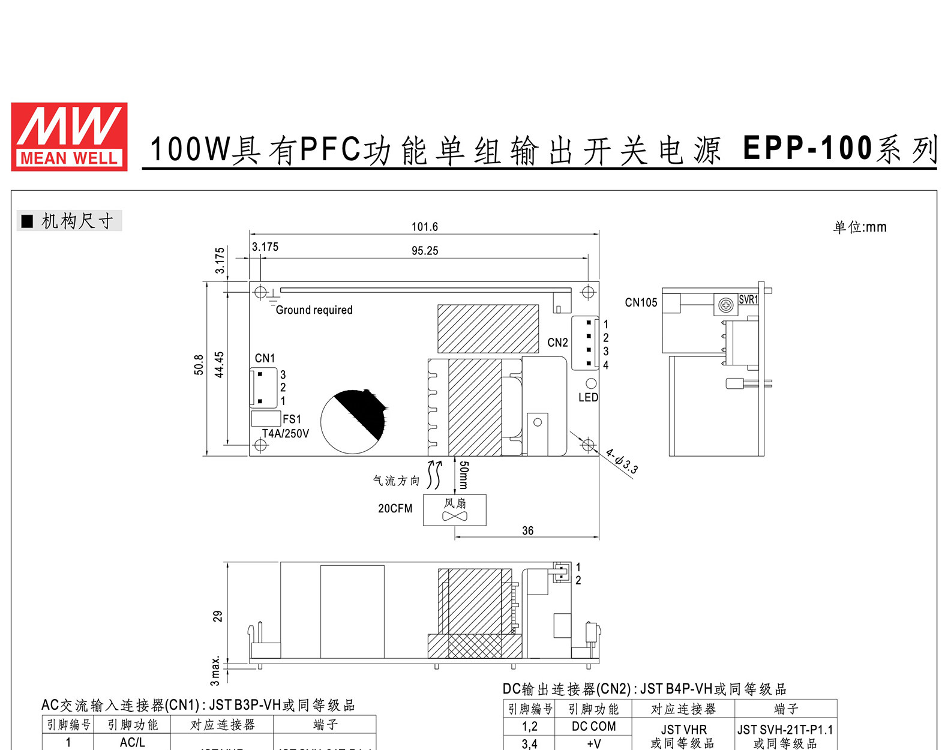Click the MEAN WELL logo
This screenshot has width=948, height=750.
click(x=69, y=137)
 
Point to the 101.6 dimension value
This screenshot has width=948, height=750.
click(x=424, y=227)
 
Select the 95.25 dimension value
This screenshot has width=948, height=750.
click(x=424, y=251)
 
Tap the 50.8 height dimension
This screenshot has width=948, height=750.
click(x=199, y=364)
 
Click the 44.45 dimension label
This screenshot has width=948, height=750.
click(x=220, y=364)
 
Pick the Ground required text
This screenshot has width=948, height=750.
click(x=314, y=310)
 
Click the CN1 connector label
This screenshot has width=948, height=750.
click(x=265, y=358)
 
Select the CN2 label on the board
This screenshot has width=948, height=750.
click(x=557, y=343)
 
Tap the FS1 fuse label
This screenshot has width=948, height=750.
click(x=292, y=419)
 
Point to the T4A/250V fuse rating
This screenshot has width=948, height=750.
click(x=285, y=433)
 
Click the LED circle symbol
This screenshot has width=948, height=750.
click(x=590, y=383)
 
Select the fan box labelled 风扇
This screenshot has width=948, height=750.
click(x=454, y=510)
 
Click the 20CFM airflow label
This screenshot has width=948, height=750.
click(x=395, y=508)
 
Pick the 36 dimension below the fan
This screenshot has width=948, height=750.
click(x=527, y=530)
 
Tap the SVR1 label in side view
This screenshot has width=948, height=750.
click(x=748, y=299)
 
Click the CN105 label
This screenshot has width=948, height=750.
click(x=641, y=302)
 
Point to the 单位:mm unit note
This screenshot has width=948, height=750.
click(x=859, y=227)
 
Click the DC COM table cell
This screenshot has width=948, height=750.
click(x=593, y=726)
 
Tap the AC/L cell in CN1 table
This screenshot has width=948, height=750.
click(x=132, y=742)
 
